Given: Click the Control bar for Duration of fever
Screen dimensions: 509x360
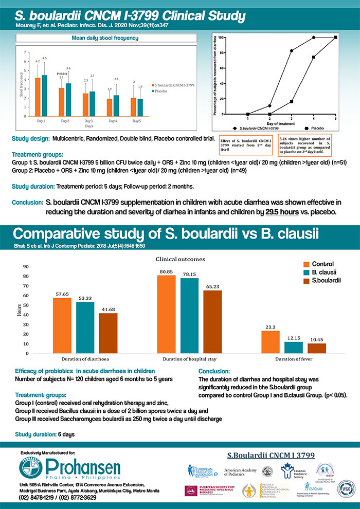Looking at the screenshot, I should click(270, 342).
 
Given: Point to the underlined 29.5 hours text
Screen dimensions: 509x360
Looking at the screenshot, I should click(282, 212).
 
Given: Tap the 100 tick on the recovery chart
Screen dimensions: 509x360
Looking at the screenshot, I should click(221, 38).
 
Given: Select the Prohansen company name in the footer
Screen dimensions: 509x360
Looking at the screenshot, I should click(84, 468).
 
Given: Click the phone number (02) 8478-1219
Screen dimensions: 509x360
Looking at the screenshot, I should click(37, 498).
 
